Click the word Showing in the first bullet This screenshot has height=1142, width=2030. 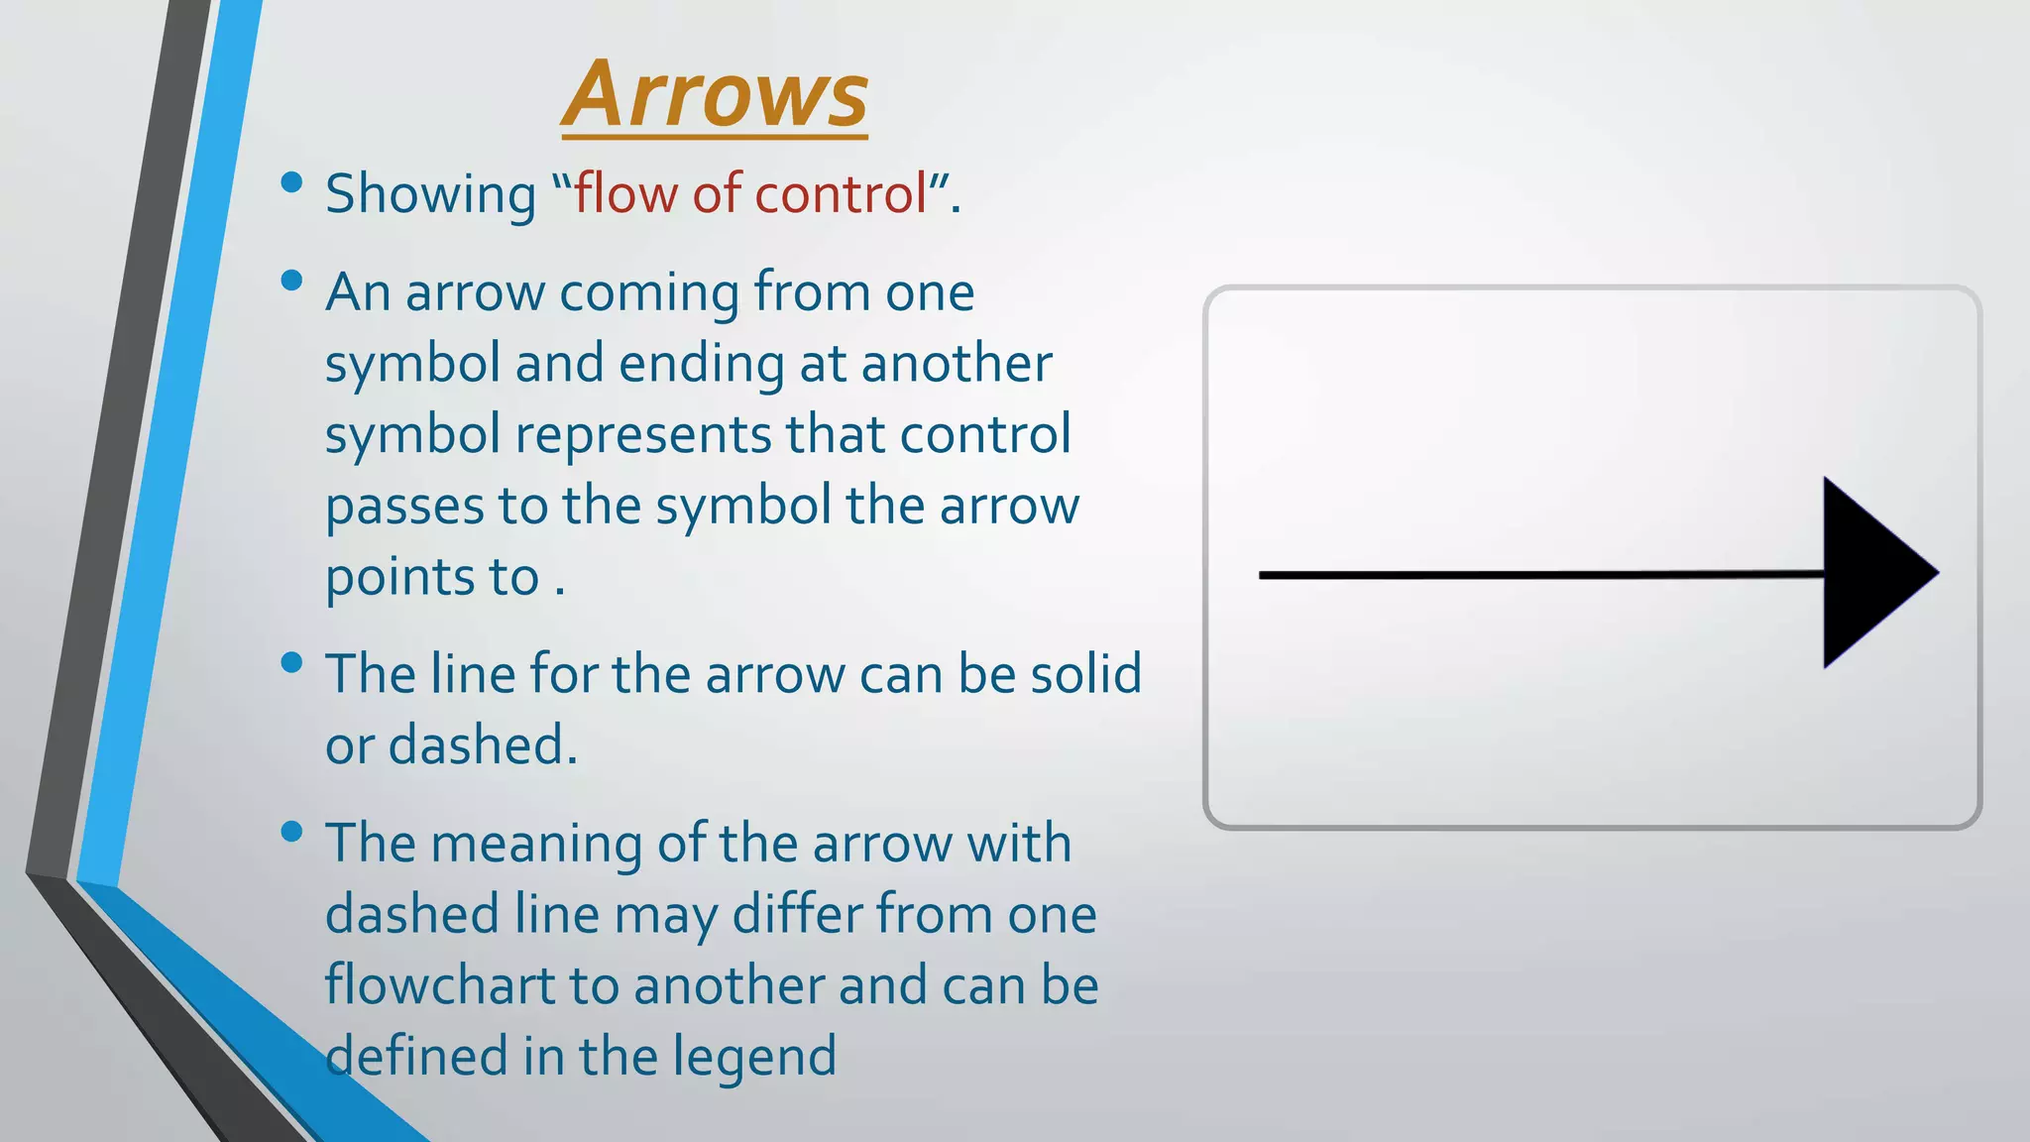[x=430, y=193]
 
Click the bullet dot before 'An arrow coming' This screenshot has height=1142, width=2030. [x=291, y=281]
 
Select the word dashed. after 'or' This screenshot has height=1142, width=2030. [x=483, y=745]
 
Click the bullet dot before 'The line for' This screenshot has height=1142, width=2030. [x=291, y=662]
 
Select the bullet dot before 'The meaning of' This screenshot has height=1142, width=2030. [x=291, y=832]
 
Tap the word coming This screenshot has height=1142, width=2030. [x=648, y=293]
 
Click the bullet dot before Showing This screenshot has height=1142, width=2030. [x=291, y=181]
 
